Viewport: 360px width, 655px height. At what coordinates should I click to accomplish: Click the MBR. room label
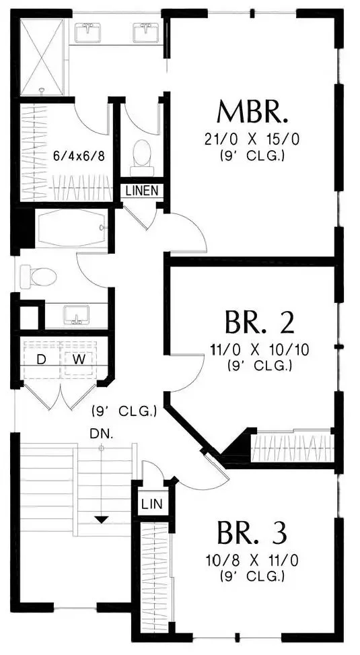(252, 112)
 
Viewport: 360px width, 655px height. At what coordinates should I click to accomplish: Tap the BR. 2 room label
(260, 322)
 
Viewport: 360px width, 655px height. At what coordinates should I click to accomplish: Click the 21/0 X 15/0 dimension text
(252, 139)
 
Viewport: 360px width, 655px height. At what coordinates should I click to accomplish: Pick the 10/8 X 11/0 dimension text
(252, 560)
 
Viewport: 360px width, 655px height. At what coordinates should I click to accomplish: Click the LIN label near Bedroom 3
(152, 504)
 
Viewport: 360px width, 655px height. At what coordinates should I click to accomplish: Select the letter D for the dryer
(41, 359)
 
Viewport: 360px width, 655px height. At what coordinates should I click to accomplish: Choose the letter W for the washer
(79, 359)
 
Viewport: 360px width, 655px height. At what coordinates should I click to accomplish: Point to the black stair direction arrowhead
(102, 520)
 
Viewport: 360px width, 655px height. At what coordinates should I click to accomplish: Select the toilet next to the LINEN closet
(142, 158)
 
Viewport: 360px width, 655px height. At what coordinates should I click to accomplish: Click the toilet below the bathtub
(38, 276)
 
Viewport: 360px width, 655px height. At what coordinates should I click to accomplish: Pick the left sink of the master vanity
(87, 32)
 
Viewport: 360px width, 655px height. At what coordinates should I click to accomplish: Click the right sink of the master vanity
(146, 32)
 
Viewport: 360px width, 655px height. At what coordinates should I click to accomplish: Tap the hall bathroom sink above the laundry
(77, 315)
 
